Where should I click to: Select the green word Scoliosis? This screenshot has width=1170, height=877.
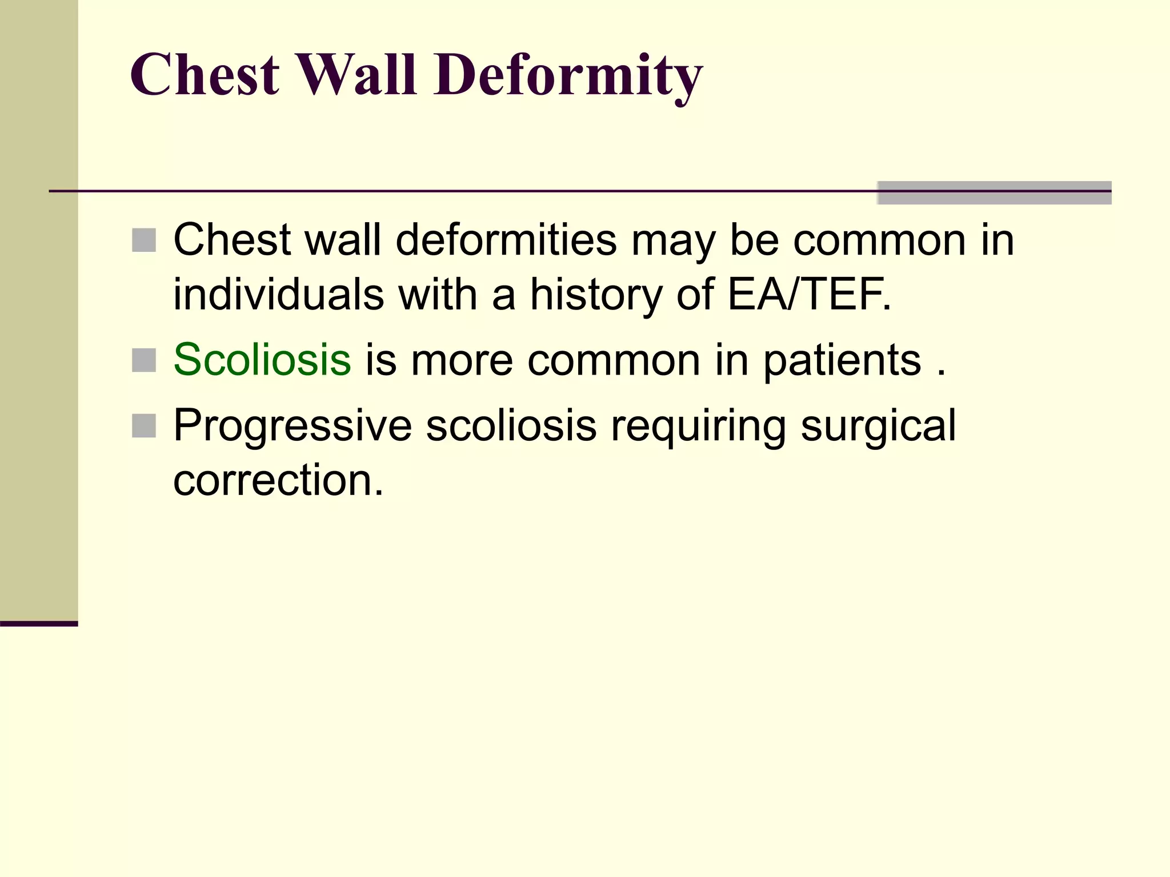(x=262, y=360)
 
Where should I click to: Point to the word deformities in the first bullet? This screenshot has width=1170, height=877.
(x=506, y=240)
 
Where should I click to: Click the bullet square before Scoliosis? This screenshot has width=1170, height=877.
(x=144, y=360)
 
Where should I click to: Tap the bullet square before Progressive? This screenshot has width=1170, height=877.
(x=144, y=426)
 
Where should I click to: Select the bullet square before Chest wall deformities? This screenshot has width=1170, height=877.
(x=144, y=240)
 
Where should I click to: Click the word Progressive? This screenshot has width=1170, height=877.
(x=292, y=426)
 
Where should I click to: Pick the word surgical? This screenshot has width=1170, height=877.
(x=878, y=426)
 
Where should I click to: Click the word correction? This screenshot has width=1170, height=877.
(x=278, y=480)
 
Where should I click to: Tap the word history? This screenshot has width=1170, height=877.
(x=596, y=295)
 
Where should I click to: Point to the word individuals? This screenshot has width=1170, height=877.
(x=279, y=295)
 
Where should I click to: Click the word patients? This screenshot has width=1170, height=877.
(x=842, y=361)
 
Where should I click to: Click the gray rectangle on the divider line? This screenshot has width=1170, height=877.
(x=993, y=193)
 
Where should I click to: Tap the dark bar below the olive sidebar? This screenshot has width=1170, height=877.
(x=39, y=623)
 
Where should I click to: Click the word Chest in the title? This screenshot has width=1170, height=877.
(x=205, y=75)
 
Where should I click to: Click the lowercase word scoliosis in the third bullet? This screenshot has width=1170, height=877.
(x=511, y=426)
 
